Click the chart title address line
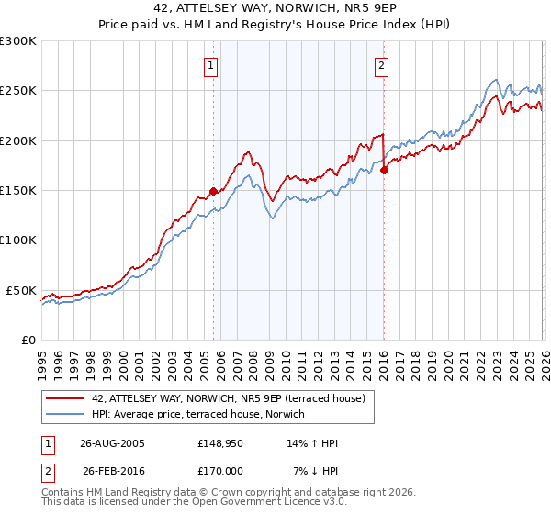pyautogui.click(x=275, y=8)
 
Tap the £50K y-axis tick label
pyautogui.click(x=22, y=290)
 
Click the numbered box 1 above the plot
pyautogui.click(x=212, y=65)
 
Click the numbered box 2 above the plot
pyautogui.click(x=380, y=65)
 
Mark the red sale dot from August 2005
pyautogui.click(x=213, y=191)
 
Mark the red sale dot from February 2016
pyautogui.click(x=384, y=170)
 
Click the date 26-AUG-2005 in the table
pyautogui.click(x=112, y=443)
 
